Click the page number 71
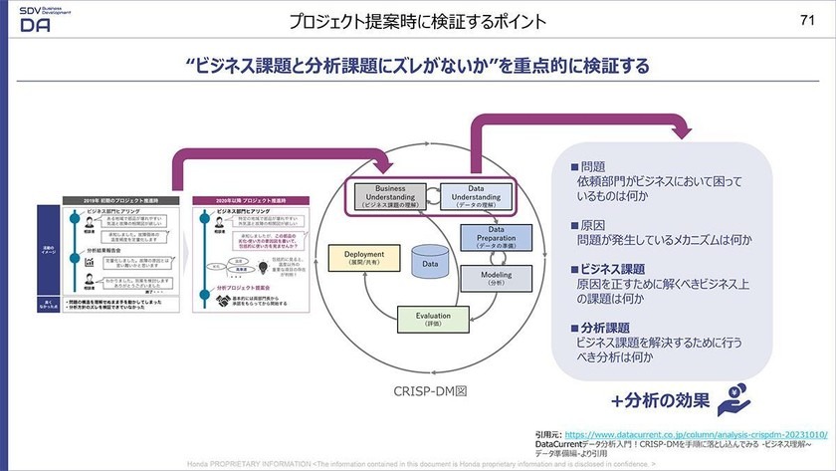(807, 20)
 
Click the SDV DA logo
(38, 19)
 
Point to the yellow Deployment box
(364, 258)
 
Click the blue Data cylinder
(431, 261)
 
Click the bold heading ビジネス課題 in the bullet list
(609, 270)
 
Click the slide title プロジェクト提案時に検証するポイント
(417, 21)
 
